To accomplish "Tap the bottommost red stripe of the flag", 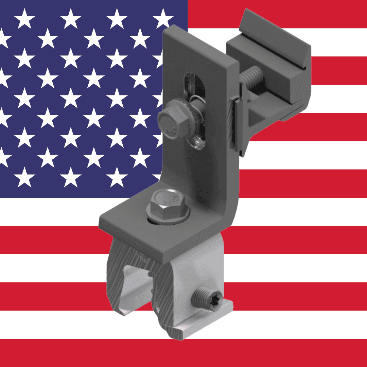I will (x=68, y=353).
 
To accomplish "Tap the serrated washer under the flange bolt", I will (x=170, y=220).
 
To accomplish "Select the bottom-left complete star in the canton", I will (x=24, y=177).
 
